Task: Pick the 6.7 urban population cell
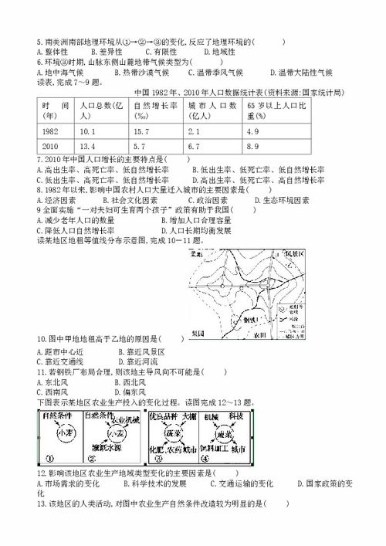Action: [x=194, y=146]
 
